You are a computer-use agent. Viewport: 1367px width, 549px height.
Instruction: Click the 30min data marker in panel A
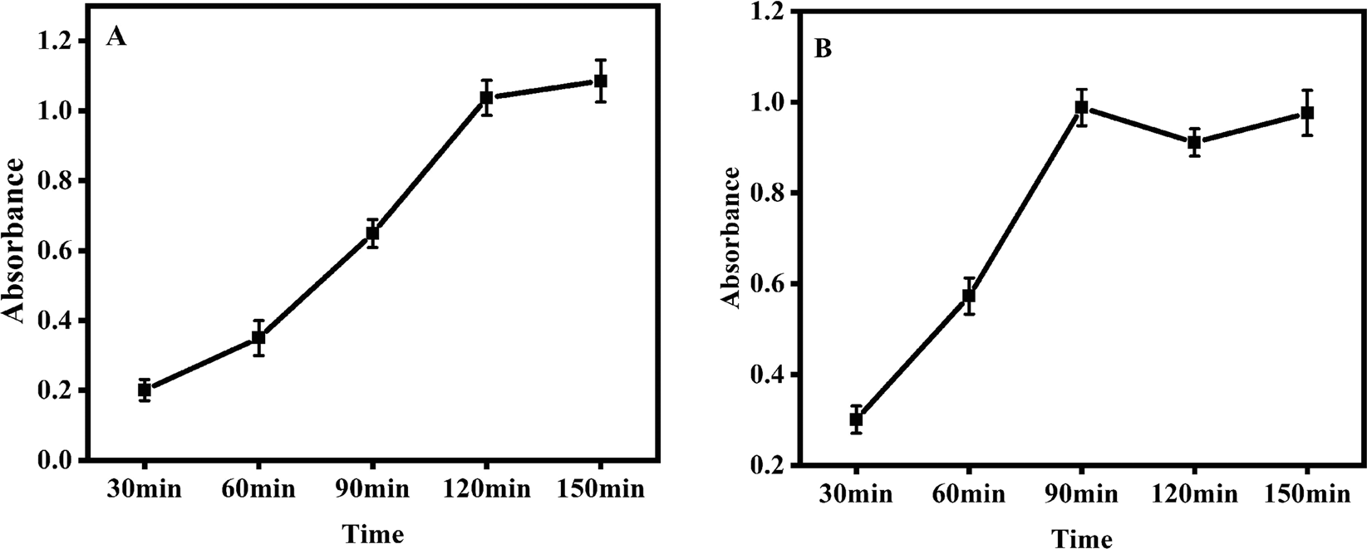click(x=145, y=390)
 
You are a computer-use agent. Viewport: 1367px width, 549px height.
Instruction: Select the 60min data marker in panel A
click(x=258, y=337)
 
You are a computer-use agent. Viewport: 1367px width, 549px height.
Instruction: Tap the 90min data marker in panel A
click(x=372, y=233)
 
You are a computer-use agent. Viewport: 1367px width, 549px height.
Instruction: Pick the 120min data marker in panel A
click(x=487, y=98)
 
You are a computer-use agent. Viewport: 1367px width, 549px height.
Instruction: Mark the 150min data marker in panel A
click(x=600, y=81)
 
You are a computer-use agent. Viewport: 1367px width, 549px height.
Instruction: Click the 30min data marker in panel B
click(x=856, y=419)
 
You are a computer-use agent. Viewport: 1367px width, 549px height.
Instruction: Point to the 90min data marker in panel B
click(x=1082, y=107)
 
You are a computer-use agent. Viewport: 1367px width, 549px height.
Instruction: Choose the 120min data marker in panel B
click(x=1194, y=142)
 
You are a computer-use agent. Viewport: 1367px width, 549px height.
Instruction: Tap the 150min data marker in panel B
click(x=1307, y=113)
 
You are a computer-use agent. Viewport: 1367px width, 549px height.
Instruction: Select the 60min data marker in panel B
click(x=969, y=296)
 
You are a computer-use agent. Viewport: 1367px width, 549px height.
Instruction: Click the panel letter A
click(x=116, y=37)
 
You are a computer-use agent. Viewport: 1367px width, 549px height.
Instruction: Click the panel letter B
click(x=823, y=49)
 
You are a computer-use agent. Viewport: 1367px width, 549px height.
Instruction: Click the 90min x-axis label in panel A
click(x=372, y=489)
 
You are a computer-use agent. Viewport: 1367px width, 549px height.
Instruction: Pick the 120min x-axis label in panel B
click(x=1194, y=495)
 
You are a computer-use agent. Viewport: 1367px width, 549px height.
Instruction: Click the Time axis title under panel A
click(x=374, y=532)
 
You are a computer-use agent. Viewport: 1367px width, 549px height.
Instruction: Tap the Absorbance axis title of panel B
click(x=730, y=237)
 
